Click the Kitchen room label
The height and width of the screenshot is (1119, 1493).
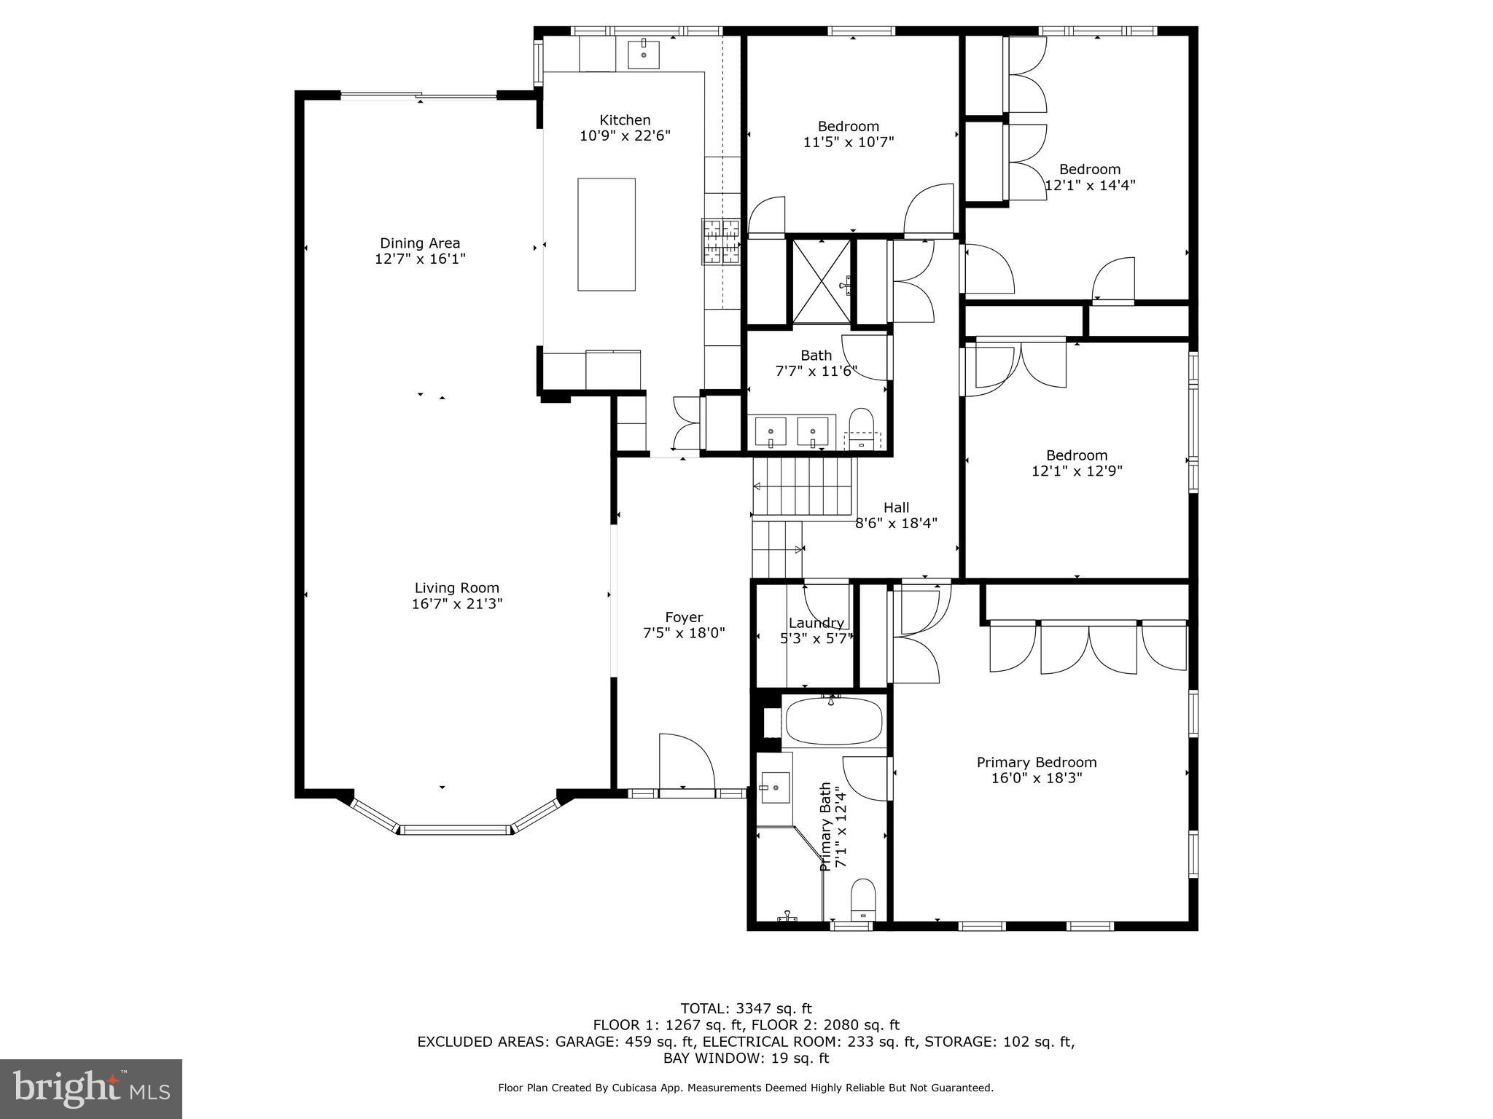625,120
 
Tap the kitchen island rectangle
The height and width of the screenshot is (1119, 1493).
606,234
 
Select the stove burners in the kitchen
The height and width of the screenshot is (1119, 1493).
720,241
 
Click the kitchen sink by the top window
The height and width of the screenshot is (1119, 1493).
643,55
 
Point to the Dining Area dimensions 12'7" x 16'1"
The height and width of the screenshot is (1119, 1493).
420,259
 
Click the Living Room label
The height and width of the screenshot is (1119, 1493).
457,588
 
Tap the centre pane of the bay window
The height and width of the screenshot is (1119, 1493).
456,829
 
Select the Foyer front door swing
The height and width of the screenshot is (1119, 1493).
685,761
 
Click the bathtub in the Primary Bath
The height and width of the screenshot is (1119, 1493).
833,721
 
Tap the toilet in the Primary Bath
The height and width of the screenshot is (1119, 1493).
863,899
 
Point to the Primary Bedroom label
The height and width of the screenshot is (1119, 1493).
1037,763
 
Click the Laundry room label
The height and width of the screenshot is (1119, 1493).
816,623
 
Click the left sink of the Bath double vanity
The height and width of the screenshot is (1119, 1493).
771,431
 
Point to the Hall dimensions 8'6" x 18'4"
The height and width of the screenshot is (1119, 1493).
896,523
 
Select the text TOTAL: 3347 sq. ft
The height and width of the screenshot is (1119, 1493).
746,1008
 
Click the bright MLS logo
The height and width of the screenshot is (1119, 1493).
91,1089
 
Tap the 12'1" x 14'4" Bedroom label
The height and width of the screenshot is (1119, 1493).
1090,177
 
